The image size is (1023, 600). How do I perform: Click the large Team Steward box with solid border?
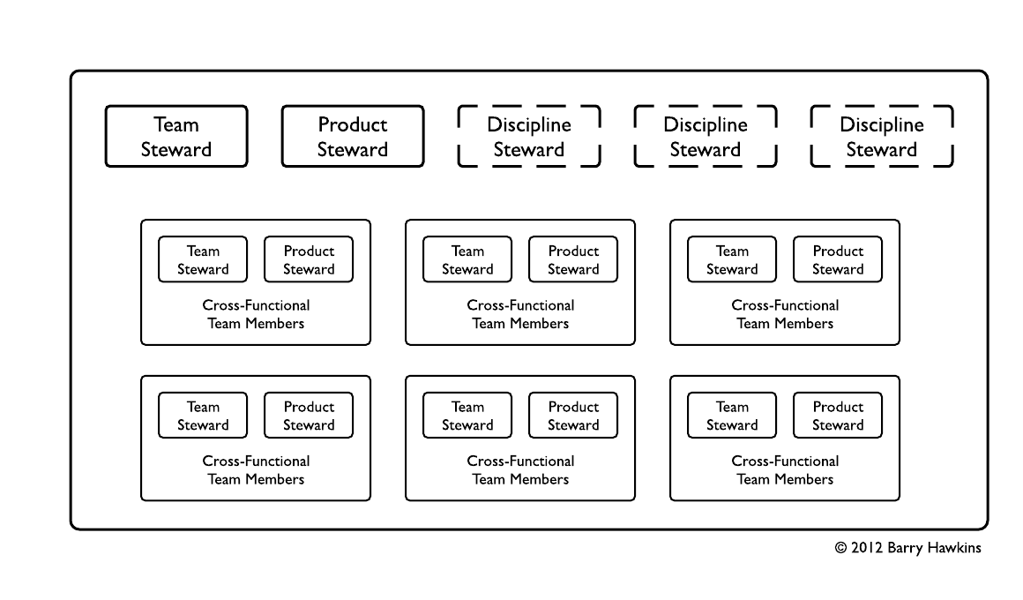point(176,137)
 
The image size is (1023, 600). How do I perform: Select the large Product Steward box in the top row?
point(353,137)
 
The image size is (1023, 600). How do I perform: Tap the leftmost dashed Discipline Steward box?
point(529,137)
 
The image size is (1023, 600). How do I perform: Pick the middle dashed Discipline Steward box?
point(706,137)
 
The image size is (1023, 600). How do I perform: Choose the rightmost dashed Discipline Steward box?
point(882,137)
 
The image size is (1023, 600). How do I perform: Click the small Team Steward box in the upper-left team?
point(203,259)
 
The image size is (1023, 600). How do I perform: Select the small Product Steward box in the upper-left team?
point(309,259)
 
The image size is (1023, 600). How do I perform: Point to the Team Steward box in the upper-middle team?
point(467,259)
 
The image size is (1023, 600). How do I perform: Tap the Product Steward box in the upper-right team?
point(838,259)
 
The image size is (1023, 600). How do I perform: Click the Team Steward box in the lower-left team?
point(203,416)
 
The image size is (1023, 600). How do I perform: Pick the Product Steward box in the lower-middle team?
point(573,416)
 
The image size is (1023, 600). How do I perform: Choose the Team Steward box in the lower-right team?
point(732,416)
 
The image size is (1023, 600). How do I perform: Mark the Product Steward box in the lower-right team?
point(838,416)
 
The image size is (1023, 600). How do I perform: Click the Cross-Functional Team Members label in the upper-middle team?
point(520,314)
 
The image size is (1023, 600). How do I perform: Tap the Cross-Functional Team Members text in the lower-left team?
point(256,470)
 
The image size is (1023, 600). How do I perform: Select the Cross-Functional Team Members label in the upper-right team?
point(785,314)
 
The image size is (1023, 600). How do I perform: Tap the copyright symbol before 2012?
point(841,548)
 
